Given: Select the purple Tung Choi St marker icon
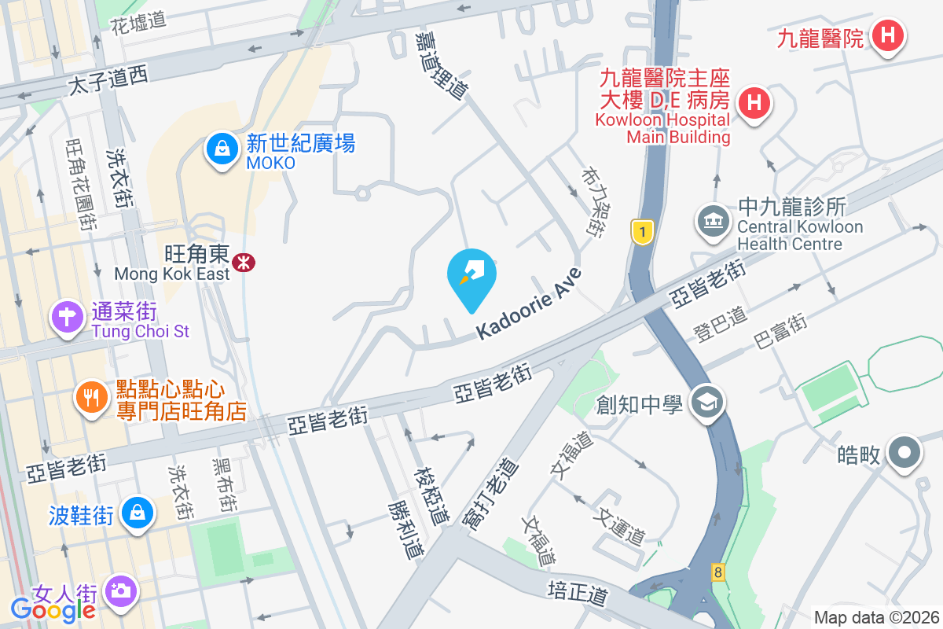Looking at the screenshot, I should click(68, 318).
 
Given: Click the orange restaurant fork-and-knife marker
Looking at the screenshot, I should click(92, 398).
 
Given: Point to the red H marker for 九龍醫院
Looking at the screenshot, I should click(887, 35).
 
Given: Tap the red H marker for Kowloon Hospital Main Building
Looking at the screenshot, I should click(754, 103).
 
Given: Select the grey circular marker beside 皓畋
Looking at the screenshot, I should click(904, 453).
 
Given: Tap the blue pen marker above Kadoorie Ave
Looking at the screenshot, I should click(472, 274).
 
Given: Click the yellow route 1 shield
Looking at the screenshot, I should click(643, 232).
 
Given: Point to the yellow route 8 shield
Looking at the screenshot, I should click(717, 572).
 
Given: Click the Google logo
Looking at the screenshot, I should click(53, 609).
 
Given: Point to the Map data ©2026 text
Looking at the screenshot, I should click(876, 617).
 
